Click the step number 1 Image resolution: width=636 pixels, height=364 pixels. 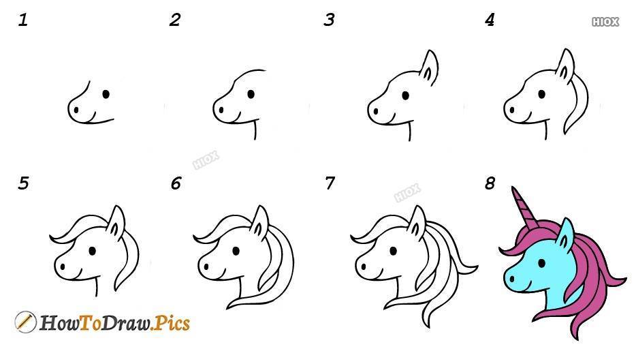tap(22, 20)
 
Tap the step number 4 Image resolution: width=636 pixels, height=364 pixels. tap(490, 20)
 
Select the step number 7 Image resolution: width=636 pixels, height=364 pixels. tap(330, 183)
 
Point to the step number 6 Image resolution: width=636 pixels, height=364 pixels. tap(176, 183)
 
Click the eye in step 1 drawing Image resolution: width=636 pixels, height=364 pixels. tap(106, 94)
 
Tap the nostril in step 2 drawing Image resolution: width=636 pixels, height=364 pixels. tap(221, 110)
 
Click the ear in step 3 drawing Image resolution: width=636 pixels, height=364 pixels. tap(429, 67)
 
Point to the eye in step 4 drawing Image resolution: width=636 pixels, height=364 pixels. tap(541, 94)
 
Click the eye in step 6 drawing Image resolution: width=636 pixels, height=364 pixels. tap(236, 251)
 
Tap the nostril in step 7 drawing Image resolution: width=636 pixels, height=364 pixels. tap(364, 267)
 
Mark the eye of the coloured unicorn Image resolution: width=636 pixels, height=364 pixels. tap(542, 263)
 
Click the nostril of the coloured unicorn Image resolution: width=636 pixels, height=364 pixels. tap(512, 279)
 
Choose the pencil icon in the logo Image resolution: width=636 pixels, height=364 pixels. tap(25, 322)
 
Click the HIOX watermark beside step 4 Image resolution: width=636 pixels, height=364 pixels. tap(605, 22)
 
